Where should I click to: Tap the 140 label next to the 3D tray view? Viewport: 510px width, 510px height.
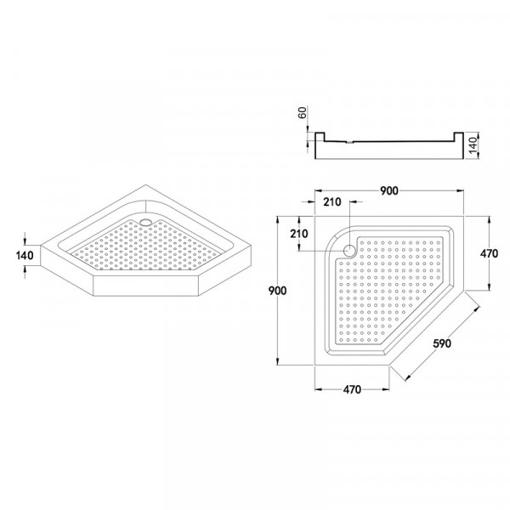pyautogui.click(x=25, y=254)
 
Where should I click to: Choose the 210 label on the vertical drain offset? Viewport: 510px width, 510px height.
pyautogui.click(x=298, y=234)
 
